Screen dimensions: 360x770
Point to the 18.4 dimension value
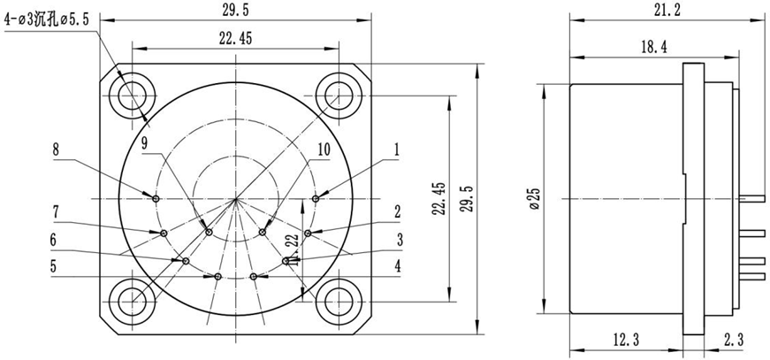tap(646, 44)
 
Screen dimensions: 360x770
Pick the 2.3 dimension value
tap(732, 339)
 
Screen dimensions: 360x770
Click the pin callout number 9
tap(145, 142)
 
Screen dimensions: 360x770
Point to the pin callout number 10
tap(322, 150)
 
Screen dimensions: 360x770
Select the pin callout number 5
tap(54, 265)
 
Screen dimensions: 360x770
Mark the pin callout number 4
tap(398, 264)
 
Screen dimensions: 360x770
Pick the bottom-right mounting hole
tap(337, 301)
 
